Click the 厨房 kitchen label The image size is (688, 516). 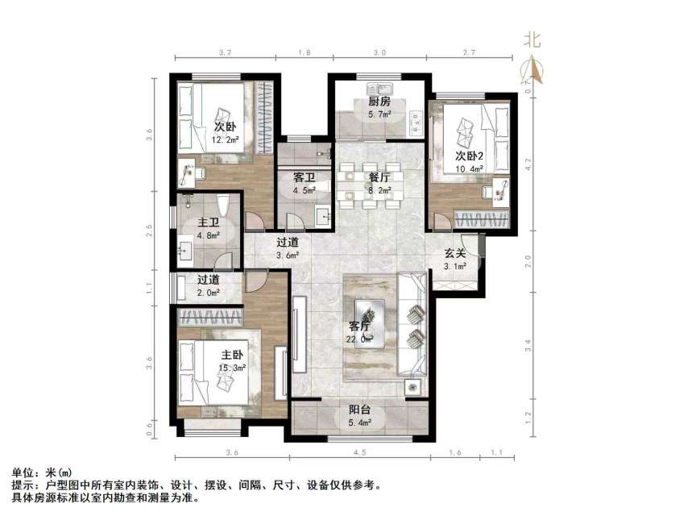[x=379, y=102]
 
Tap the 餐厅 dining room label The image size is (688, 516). [x=379, y=177]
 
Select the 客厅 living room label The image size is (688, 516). [x=359, y=327]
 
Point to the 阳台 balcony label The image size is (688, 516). [x=360, y=409]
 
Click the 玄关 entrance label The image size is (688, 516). [x=456, y=253]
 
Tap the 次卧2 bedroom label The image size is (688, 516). [x=470, y=156]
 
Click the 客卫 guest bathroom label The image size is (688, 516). [x=303, y=177]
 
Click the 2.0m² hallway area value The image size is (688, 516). [x=209, y=293]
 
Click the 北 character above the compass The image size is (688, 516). [x=533, y=40]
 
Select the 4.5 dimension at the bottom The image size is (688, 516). [x=359, y=451]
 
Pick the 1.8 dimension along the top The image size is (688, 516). [x=305, y=52]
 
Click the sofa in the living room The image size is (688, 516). [x=414, y=325]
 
